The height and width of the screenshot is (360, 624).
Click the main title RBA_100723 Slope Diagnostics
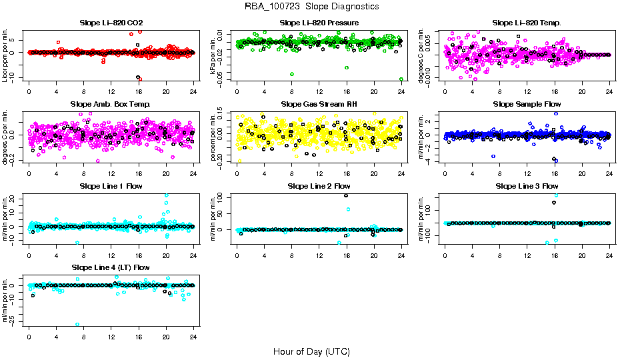point(311,7)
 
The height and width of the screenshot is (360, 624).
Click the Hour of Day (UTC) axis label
point(311,351)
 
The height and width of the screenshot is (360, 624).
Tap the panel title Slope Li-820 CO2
point(111,23)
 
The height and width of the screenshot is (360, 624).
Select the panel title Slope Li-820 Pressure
point(319,23)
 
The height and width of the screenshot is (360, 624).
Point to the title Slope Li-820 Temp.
point(527,23)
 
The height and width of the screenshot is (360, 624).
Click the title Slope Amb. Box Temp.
point(111,105)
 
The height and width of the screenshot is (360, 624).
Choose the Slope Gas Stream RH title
point(319,105)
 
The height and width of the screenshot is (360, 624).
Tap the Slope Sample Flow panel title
point(527,105)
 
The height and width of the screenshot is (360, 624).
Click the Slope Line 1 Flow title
point(111,186)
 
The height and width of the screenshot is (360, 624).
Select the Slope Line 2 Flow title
point(319,186)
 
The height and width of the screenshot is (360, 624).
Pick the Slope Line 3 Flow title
point(527,186)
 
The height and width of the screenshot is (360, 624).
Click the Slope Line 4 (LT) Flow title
point(111,267)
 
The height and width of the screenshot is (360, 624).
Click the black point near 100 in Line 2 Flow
point(346,195)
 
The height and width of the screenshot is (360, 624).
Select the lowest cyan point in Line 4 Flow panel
point(77,325)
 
